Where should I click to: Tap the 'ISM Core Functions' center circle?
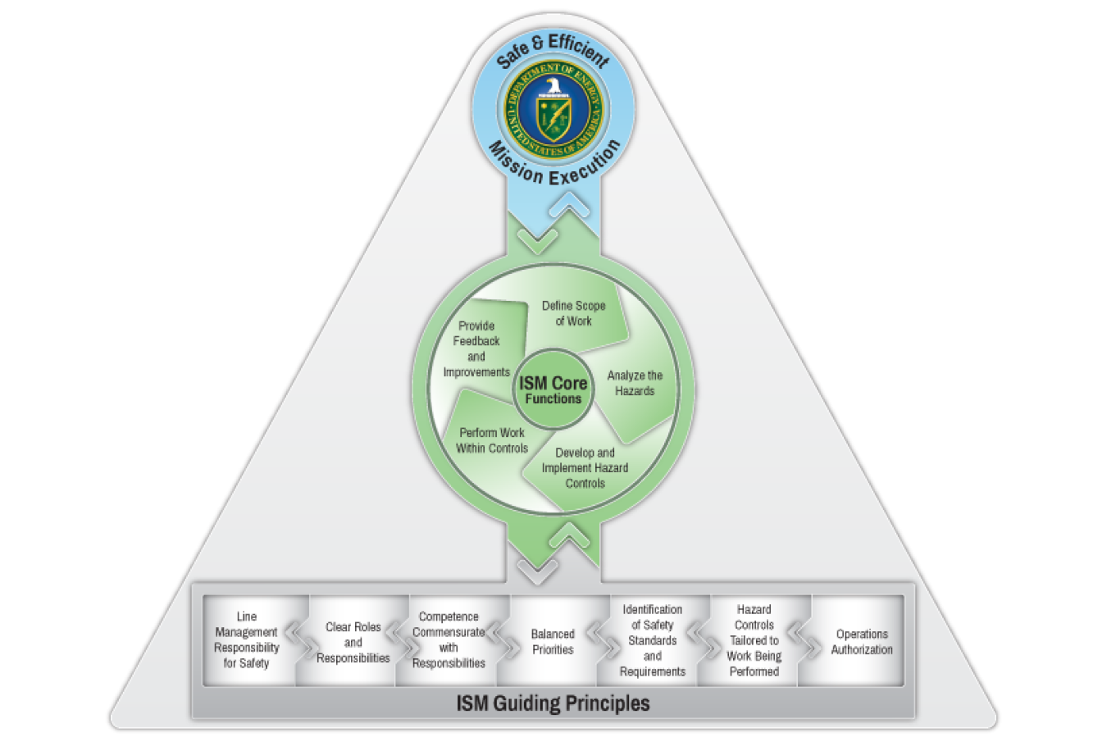[x=553, y=390]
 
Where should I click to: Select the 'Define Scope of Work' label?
[x=573, y=313]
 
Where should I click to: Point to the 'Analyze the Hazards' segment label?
[x=635, y=383]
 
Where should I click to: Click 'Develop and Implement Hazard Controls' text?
[x=585, y=467]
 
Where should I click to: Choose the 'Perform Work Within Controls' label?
[x=492, y=440]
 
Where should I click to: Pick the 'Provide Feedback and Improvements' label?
[x=476, y=348]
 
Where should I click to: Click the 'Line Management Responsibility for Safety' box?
[x=247, y=640]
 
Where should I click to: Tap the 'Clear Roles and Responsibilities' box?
[x=353, y=642]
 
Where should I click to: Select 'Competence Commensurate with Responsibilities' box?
[x=449, y=640]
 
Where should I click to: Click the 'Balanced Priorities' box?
[x=553, y=641]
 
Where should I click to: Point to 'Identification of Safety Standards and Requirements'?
[x=653, y=640]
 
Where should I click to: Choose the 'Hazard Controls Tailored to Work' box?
[x=754, y=640]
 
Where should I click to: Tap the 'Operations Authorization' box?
[x=862, y=641]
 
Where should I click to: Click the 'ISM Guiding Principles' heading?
[x=553, y=703]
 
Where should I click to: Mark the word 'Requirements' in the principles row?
[x=653, y=671]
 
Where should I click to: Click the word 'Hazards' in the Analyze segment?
[x=635, y=391]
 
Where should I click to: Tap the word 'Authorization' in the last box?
[x=862, y=649]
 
